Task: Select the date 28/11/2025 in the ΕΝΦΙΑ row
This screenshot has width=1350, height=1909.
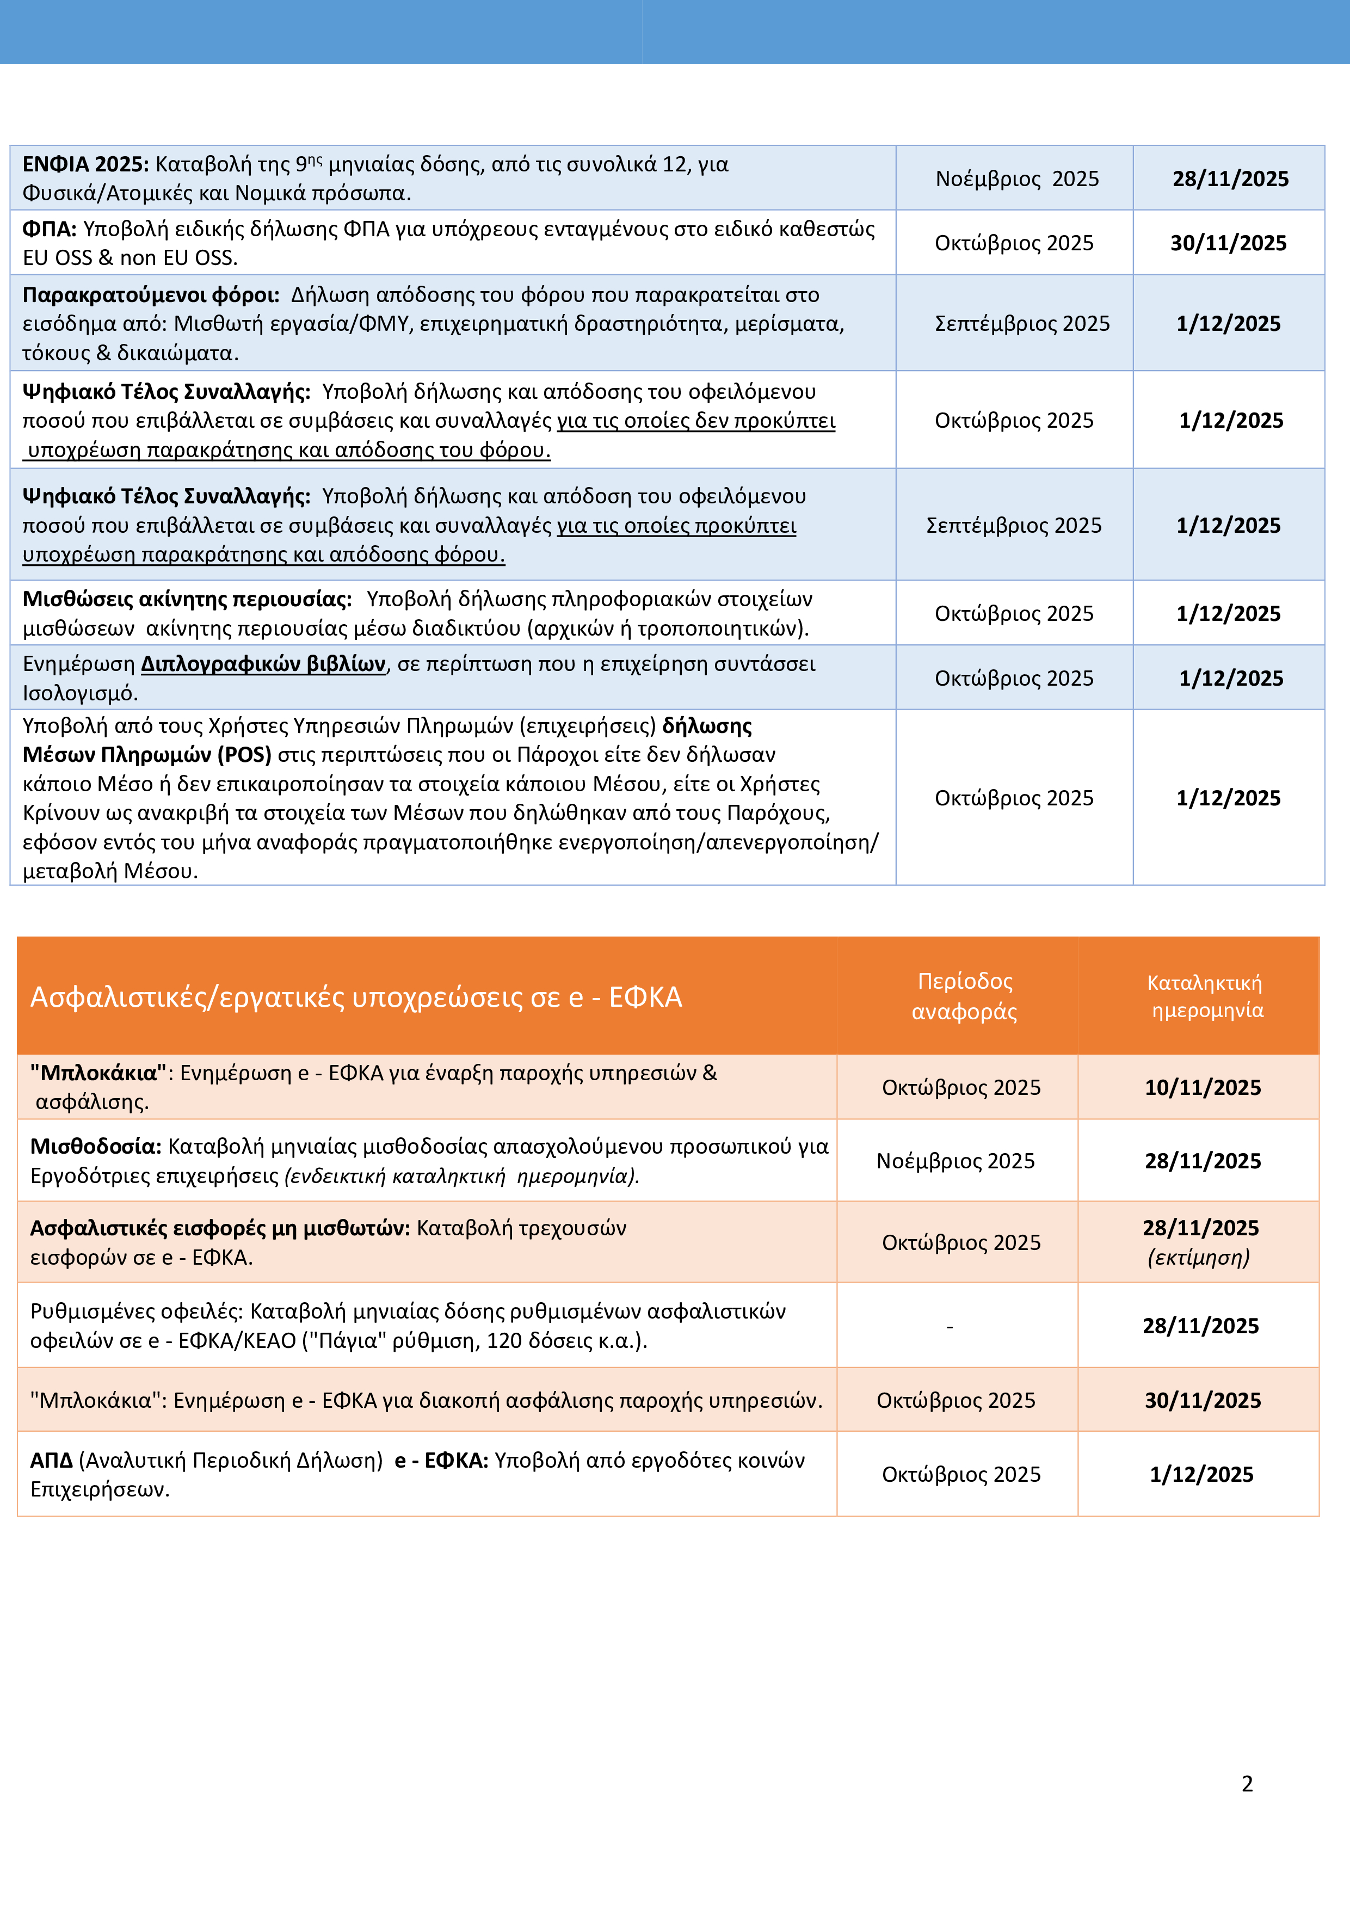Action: pos(1230,178)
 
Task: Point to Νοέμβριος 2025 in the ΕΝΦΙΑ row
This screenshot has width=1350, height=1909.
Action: pos(1016,178)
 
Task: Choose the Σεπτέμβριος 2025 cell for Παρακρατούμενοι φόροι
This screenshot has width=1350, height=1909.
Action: pos(1022,323)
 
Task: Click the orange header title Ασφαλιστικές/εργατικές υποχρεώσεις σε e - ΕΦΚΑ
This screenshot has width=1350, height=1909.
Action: pos(356,997)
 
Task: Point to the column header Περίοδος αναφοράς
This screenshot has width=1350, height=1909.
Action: pos(964,996)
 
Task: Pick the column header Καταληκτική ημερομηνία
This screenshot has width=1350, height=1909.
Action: pos(1205,996)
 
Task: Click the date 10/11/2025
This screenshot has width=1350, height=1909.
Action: pos(1202,1087)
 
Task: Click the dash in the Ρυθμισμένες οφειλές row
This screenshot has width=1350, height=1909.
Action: pos(950,1327)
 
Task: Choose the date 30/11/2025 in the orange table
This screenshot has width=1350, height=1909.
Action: pos(1202,1400)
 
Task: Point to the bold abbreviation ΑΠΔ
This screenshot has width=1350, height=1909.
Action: pos(52,1460)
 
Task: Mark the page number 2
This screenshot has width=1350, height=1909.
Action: pos(1247,1783)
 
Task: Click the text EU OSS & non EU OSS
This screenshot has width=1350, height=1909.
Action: pos(130,258)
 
